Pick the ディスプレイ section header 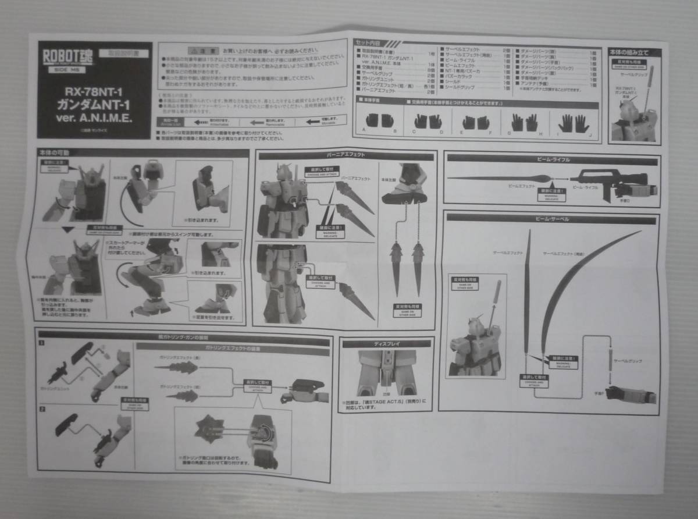coord(386,343)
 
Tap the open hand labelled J coord(581,123)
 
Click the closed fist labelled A coord(372,121)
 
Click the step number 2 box coord(42,409)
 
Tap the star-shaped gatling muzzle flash coord(208,429)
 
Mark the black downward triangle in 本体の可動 coord(68,230)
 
